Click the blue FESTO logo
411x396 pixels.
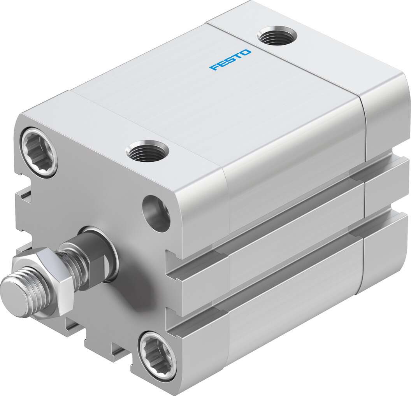coord(230,60)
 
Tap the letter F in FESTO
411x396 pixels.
coord(213,68)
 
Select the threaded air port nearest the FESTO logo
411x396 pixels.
coord(277,36)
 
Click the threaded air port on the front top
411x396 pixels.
coord(148,151)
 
